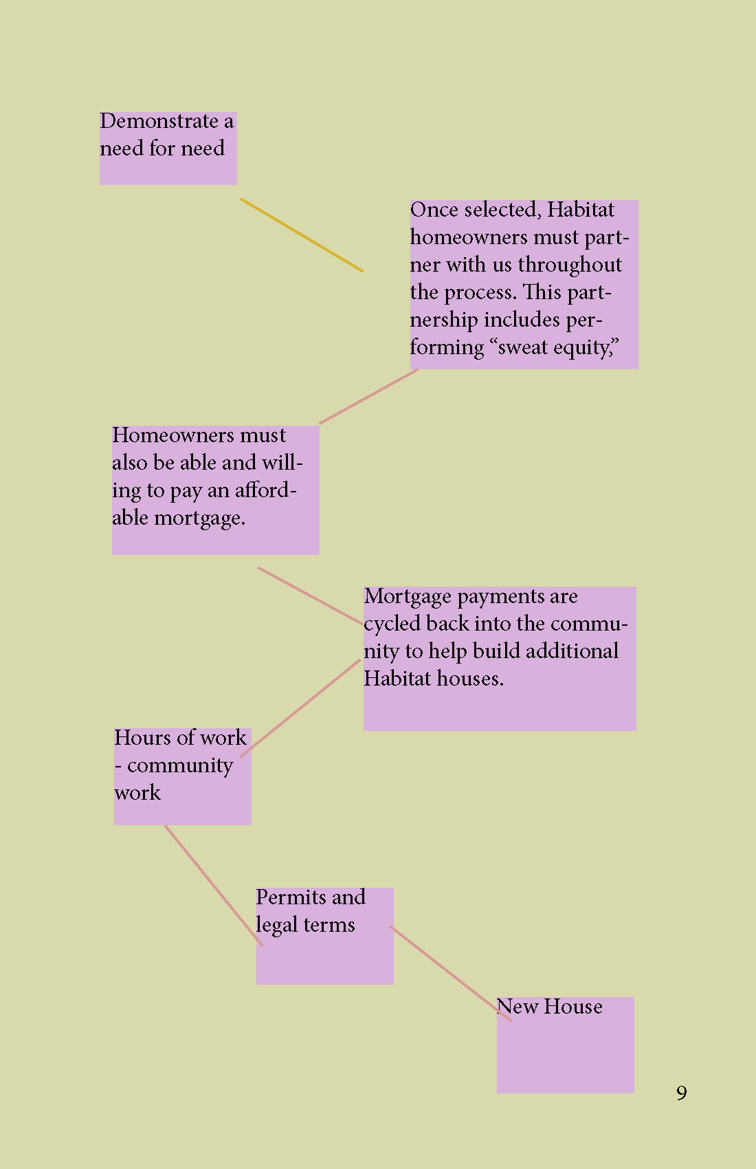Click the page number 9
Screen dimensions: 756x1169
point(681,1093)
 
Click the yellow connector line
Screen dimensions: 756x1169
point(302,235)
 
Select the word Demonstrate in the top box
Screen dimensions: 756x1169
point(159,122)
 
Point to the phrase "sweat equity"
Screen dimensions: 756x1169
point(553,348)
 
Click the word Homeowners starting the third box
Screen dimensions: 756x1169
point(164,435)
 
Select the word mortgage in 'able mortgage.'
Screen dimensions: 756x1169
point(199,518)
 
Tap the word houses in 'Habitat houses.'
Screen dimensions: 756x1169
point(470,679)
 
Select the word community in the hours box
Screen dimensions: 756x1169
point(180,766)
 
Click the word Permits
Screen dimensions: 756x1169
point(291,897)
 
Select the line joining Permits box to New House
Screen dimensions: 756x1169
point(450,974)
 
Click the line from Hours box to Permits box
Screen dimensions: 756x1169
point(213,886)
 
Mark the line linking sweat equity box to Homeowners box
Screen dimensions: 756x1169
point(369,397)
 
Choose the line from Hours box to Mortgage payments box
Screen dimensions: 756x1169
point(300,708)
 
